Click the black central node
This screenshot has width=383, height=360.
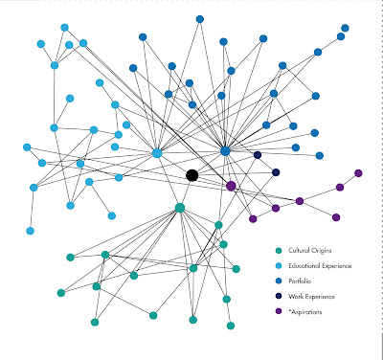[192, 175]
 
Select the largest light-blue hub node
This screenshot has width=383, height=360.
[157, 153]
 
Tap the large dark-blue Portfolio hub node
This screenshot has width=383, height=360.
[225, 151]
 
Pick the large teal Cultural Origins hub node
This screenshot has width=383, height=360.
[180, 208]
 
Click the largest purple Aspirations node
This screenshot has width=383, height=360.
[231, 186]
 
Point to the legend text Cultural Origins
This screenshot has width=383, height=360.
[310, 251]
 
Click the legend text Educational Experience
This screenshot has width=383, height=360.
[320, 266]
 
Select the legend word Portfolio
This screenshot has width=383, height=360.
[300, 281]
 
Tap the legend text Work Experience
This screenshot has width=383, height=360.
[311, 297]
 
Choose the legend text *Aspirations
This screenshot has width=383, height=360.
[305, 312]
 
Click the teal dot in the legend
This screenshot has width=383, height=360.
[279, 251]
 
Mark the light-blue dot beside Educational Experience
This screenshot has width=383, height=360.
[279, 266]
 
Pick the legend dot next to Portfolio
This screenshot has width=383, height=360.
[279, 281]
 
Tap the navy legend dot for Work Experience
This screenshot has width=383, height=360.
[279, 296]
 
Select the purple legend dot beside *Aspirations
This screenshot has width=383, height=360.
[279, 311]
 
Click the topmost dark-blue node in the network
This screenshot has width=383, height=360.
[200, 19]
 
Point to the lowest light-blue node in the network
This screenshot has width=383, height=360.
[30, 231]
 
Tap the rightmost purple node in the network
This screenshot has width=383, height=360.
[358, 173]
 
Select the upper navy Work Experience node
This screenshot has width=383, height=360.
[258, 155]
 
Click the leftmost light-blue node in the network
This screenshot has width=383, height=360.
[27, 147]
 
